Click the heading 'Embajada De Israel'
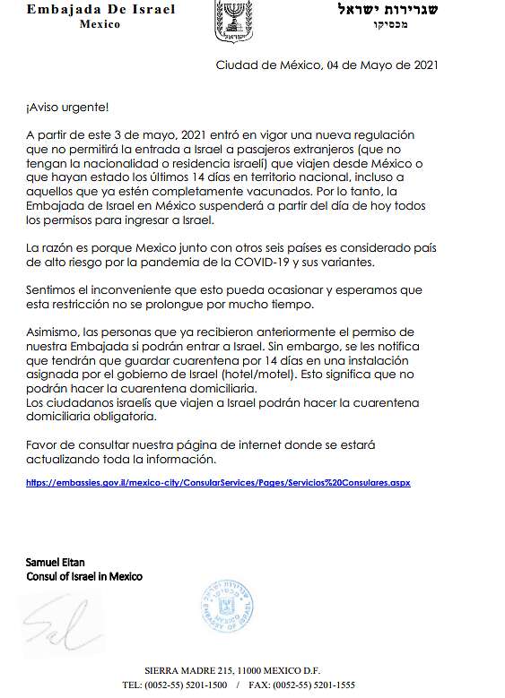click(100, 10)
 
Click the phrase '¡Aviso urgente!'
click(66, 108)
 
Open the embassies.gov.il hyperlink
click(218, 482)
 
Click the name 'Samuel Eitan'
click(56, 562)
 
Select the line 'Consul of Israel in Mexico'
click(84, 576)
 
